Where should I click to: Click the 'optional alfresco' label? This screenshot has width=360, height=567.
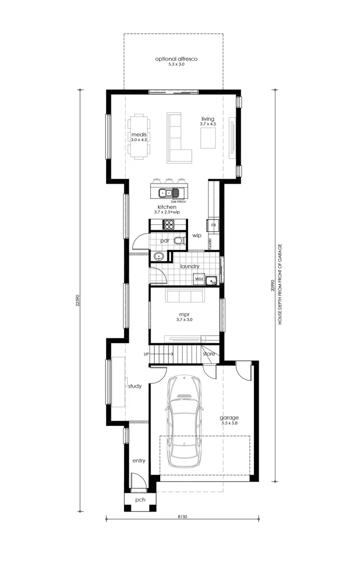tap(176, 59)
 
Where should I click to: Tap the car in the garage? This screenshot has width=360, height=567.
tap(184, 421)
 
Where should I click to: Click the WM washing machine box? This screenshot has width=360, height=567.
tap(199, 279)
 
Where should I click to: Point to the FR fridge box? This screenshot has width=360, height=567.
tap(213, 225)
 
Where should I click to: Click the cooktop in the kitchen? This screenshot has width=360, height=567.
tap(168, 224)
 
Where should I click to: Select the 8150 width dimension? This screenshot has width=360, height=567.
tap(182, 516)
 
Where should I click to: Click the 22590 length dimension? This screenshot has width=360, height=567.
tap(78, 300)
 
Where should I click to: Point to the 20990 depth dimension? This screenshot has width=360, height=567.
tap(273, 286)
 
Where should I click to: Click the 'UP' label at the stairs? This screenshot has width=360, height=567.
tap(146, 354)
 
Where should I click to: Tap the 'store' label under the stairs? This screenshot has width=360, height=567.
tap(209, 353)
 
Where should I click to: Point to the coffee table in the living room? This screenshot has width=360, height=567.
tap(208, 138)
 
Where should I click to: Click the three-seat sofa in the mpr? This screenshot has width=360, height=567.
tap(184, 295)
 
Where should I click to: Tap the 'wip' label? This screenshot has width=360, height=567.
tap(197, 236)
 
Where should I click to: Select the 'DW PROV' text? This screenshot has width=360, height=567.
tap(178, 202)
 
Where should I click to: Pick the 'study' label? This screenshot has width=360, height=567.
tap(135, 386)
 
